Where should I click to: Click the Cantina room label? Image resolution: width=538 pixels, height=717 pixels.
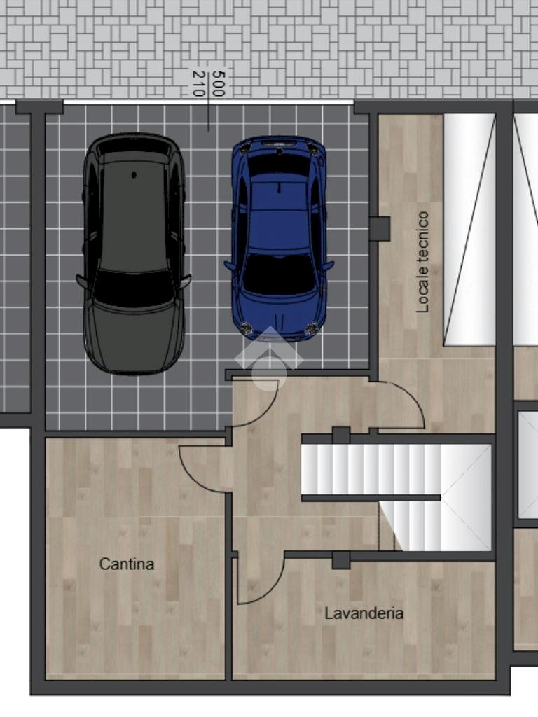[x=127, y=564]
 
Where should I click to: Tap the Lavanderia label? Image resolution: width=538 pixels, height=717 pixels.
[x=364, y=613]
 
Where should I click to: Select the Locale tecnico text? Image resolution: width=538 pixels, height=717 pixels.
[x=422, y=262]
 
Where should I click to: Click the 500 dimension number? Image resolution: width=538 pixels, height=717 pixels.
[x=219, y=83]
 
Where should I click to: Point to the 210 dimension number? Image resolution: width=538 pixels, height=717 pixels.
[x=198, y=83]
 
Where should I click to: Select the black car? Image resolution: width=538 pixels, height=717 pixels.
[x=134, y=253]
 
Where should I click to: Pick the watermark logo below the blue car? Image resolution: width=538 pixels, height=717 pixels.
[x=269, y=359]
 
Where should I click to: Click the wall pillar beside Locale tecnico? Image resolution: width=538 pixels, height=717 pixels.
[x=380, y=228]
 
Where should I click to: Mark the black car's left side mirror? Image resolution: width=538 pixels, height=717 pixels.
[x=81, y=281]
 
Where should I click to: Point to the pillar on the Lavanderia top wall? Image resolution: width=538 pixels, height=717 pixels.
[x=341, y=559]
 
